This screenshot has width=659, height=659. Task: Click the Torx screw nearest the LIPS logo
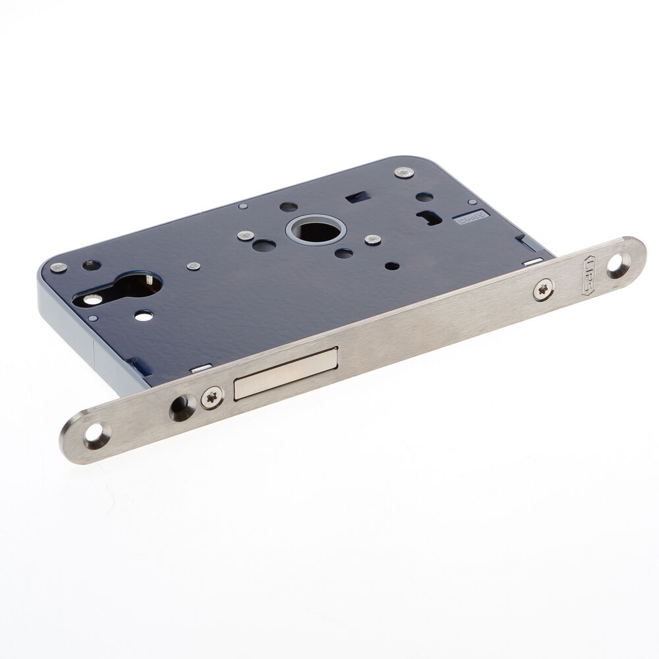[x=543, y=287]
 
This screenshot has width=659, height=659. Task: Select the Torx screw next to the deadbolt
[x=212, y=397]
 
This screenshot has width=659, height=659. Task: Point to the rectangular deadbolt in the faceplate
[x=285, y=375]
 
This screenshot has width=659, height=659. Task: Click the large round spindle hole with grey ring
[x=314, y=230]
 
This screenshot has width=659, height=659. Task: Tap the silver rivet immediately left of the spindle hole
[x=247, y=235]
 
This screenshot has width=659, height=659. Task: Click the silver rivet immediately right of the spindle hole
[x=373, y=239]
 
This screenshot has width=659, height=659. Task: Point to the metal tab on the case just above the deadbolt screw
[x=201, y=368]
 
